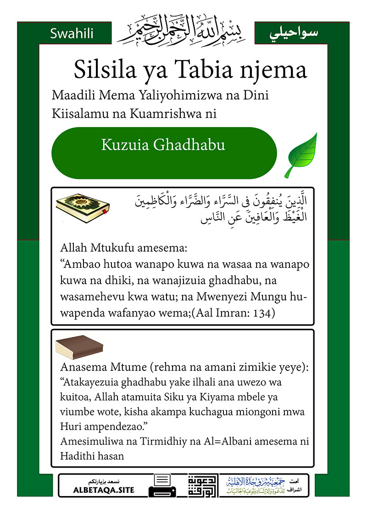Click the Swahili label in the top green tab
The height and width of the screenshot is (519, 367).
click(x=72, y=33)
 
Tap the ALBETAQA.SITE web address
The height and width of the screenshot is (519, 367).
click(x=104, y=490)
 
